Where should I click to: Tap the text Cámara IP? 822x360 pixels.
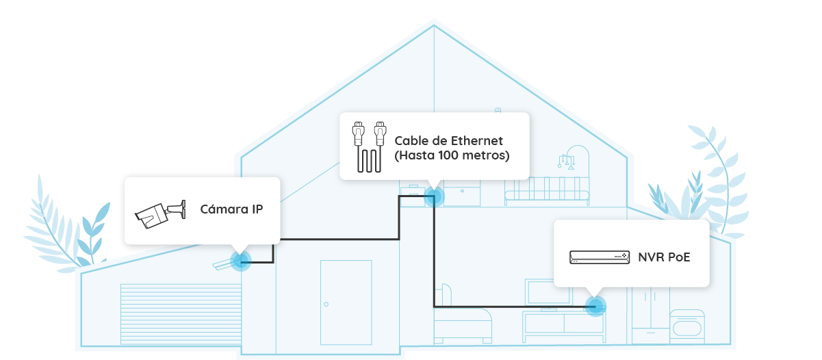pyautogui.click(x=231, y=209)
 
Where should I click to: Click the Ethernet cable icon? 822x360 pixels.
pyautogui.click(x=368, y=147)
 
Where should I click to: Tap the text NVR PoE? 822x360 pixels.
pyautogui.click(x=664, y=257)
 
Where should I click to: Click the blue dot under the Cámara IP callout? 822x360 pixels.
pyautogui.click(x=240, y=260)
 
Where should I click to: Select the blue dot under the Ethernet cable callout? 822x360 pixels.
pyautogui.click(x=433, y=197)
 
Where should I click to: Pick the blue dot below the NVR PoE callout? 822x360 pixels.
pyautogui.click(x=596, y=305)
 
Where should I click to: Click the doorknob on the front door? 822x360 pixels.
pyautogui.click(x=326, y=304)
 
